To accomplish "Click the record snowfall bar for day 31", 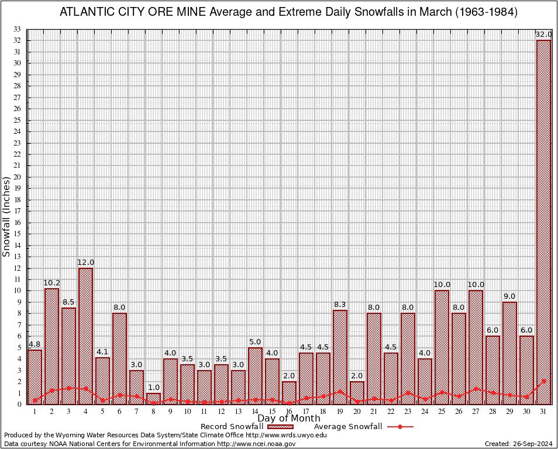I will point(544,222).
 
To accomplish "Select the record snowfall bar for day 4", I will point(85,336).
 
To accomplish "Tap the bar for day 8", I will point(153,399).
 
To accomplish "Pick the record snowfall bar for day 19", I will point(340,357).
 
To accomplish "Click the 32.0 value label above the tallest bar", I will point(544,34).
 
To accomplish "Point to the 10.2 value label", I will point(51,283).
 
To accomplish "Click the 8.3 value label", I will point(340,305).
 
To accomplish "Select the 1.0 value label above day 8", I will point(153,388).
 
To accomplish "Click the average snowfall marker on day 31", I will point(544,381).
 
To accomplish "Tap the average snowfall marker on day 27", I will point(476,388).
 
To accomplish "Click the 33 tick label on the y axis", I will point(18,29).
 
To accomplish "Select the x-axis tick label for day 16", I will point(289,412).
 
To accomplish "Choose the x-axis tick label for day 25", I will point(442,412).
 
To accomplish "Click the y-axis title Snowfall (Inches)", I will point(6,217).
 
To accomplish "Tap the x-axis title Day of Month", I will point(289,419).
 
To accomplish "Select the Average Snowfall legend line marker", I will point(399,427).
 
